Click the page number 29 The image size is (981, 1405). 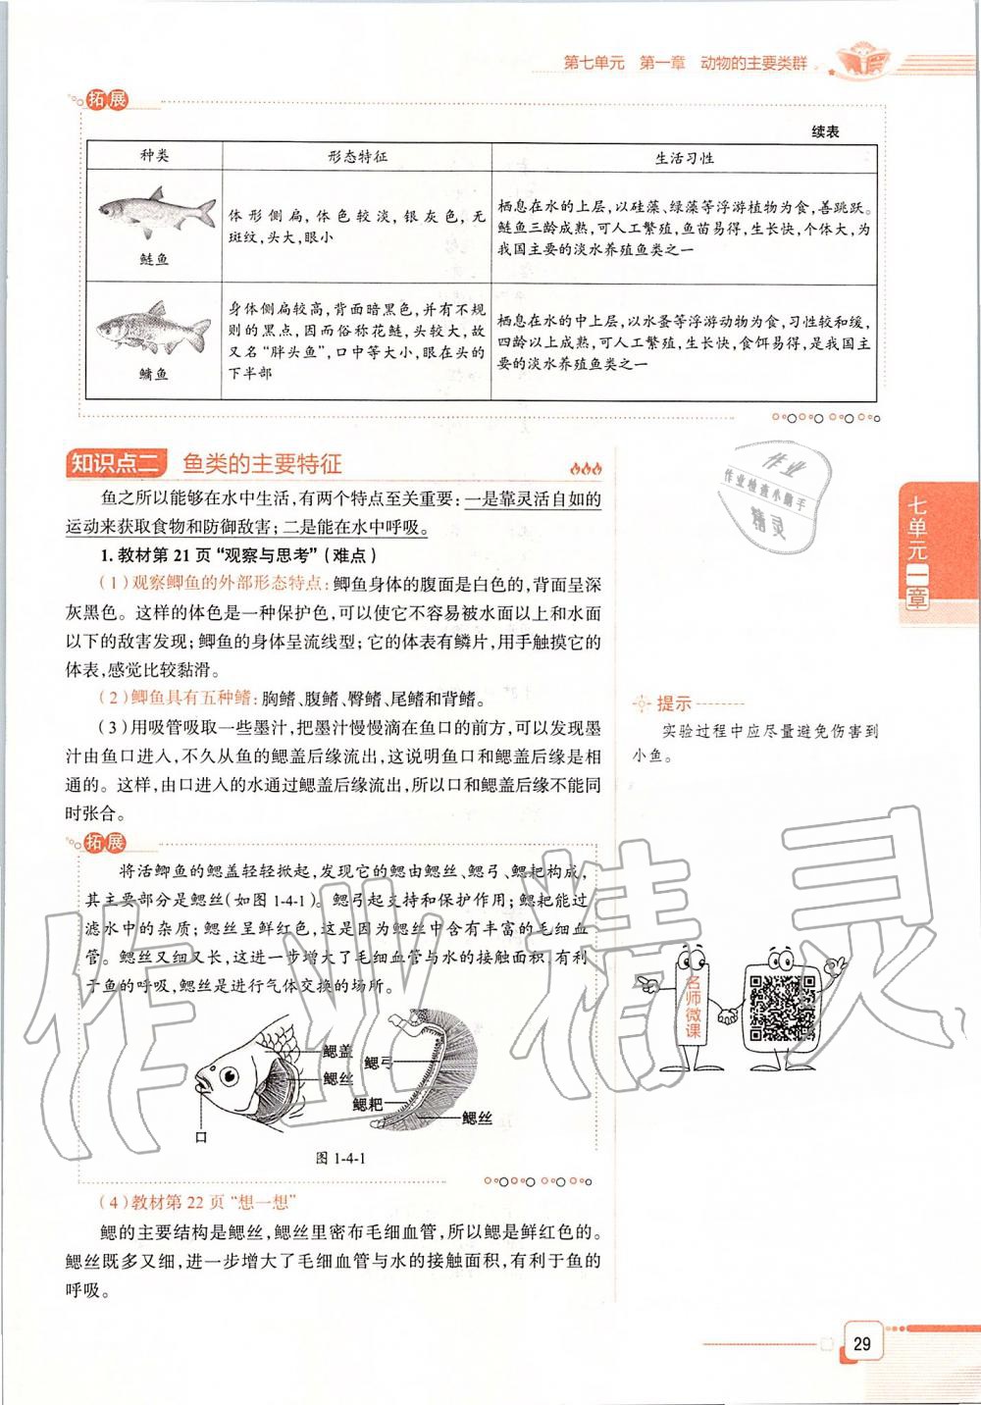[x=861, y=1343]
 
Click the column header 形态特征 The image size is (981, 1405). [x=357, y=157]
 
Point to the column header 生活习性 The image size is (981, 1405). [x=684, y=158]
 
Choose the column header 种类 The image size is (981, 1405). [x=155, y=157]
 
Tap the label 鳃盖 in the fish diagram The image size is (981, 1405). [x=337, y=1052]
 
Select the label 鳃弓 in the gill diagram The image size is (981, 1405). [x=378, y=1063]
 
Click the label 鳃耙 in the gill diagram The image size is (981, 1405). [x=368, y=1104]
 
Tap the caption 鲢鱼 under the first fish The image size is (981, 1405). [x=155, y=259]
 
